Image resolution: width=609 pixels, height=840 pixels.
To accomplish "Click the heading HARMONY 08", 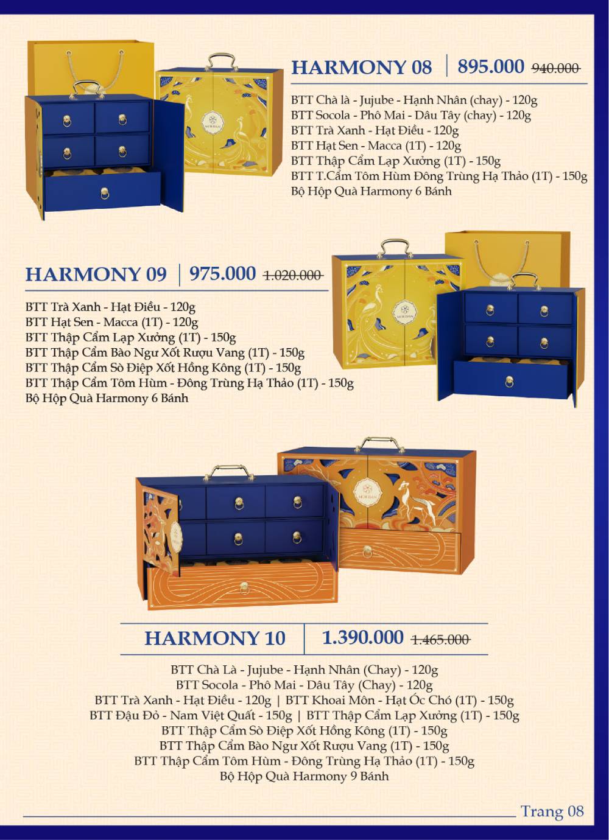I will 361,67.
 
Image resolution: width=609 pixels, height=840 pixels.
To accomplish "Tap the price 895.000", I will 490,66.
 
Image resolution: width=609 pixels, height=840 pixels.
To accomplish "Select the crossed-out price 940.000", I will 555,68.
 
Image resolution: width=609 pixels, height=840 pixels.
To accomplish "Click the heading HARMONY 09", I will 96,274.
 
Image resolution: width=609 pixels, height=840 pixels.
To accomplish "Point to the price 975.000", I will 222,273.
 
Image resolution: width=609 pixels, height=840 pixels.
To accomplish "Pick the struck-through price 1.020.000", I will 292,275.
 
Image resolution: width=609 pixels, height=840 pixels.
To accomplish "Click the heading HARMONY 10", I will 214,638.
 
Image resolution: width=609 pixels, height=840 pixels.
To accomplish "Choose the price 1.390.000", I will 362,637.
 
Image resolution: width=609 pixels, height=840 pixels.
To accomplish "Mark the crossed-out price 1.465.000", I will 440,640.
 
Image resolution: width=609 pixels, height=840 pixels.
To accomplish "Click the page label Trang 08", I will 552,811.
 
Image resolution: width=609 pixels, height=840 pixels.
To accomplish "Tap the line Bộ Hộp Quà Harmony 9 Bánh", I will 304,776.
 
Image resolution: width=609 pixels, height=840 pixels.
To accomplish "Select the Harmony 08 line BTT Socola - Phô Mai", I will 410,115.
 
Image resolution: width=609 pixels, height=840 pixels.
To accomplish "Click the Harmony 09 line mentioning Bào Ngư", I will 164,352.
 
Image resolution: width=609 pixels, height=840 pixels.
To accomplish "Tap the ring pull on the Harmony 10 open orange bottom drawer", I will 244,587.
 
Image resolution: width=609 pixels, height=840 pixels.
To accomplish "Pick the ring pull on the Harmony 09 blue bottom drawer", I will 509,382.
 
